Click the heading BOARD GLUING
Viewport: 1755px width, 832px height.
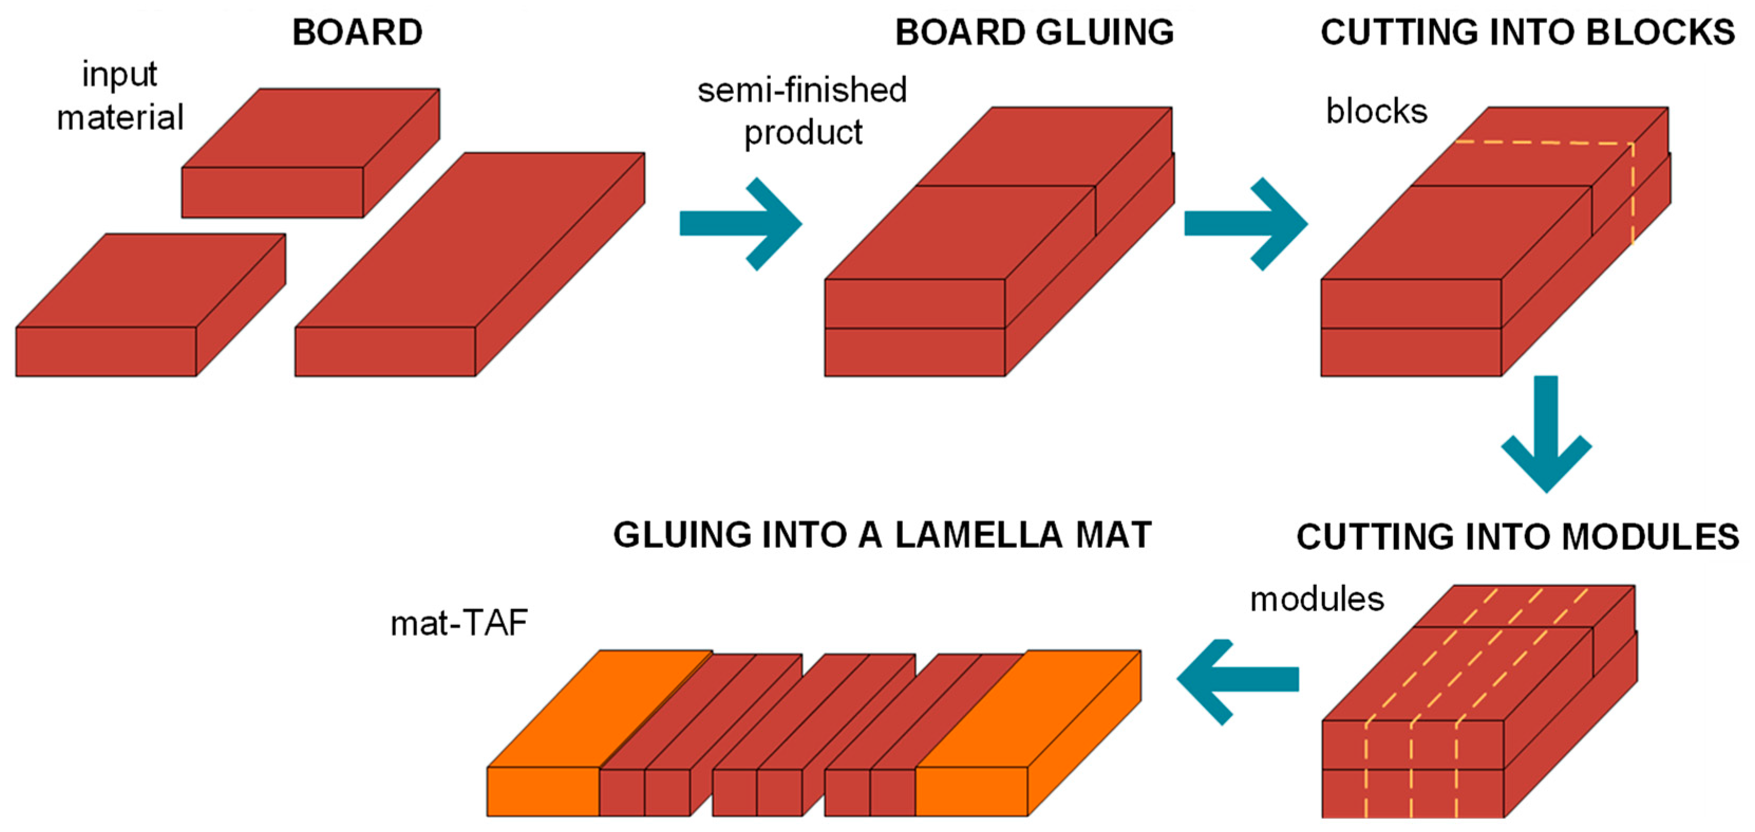1034,32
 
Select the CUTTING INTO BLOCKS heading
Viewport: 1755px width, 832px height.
1527,32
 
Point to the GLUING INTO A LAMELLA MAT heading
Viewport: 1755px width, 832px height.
882,535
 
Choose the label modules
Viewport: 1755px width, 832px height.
1317,600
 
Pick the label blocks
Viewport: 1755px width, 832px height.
1376,111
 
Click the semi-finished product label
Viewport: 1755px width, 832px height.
802,111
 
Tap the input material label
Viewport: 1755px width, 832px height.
120,96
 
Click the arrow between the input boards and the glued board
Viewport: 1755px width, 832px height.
741,223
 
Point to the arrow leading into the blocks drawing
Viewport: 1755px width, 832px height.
1246,223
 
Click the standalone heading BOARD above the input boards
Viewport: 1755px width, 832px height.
357,32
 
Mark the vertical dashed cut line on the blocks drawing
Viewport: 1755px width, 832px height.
1633,194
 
